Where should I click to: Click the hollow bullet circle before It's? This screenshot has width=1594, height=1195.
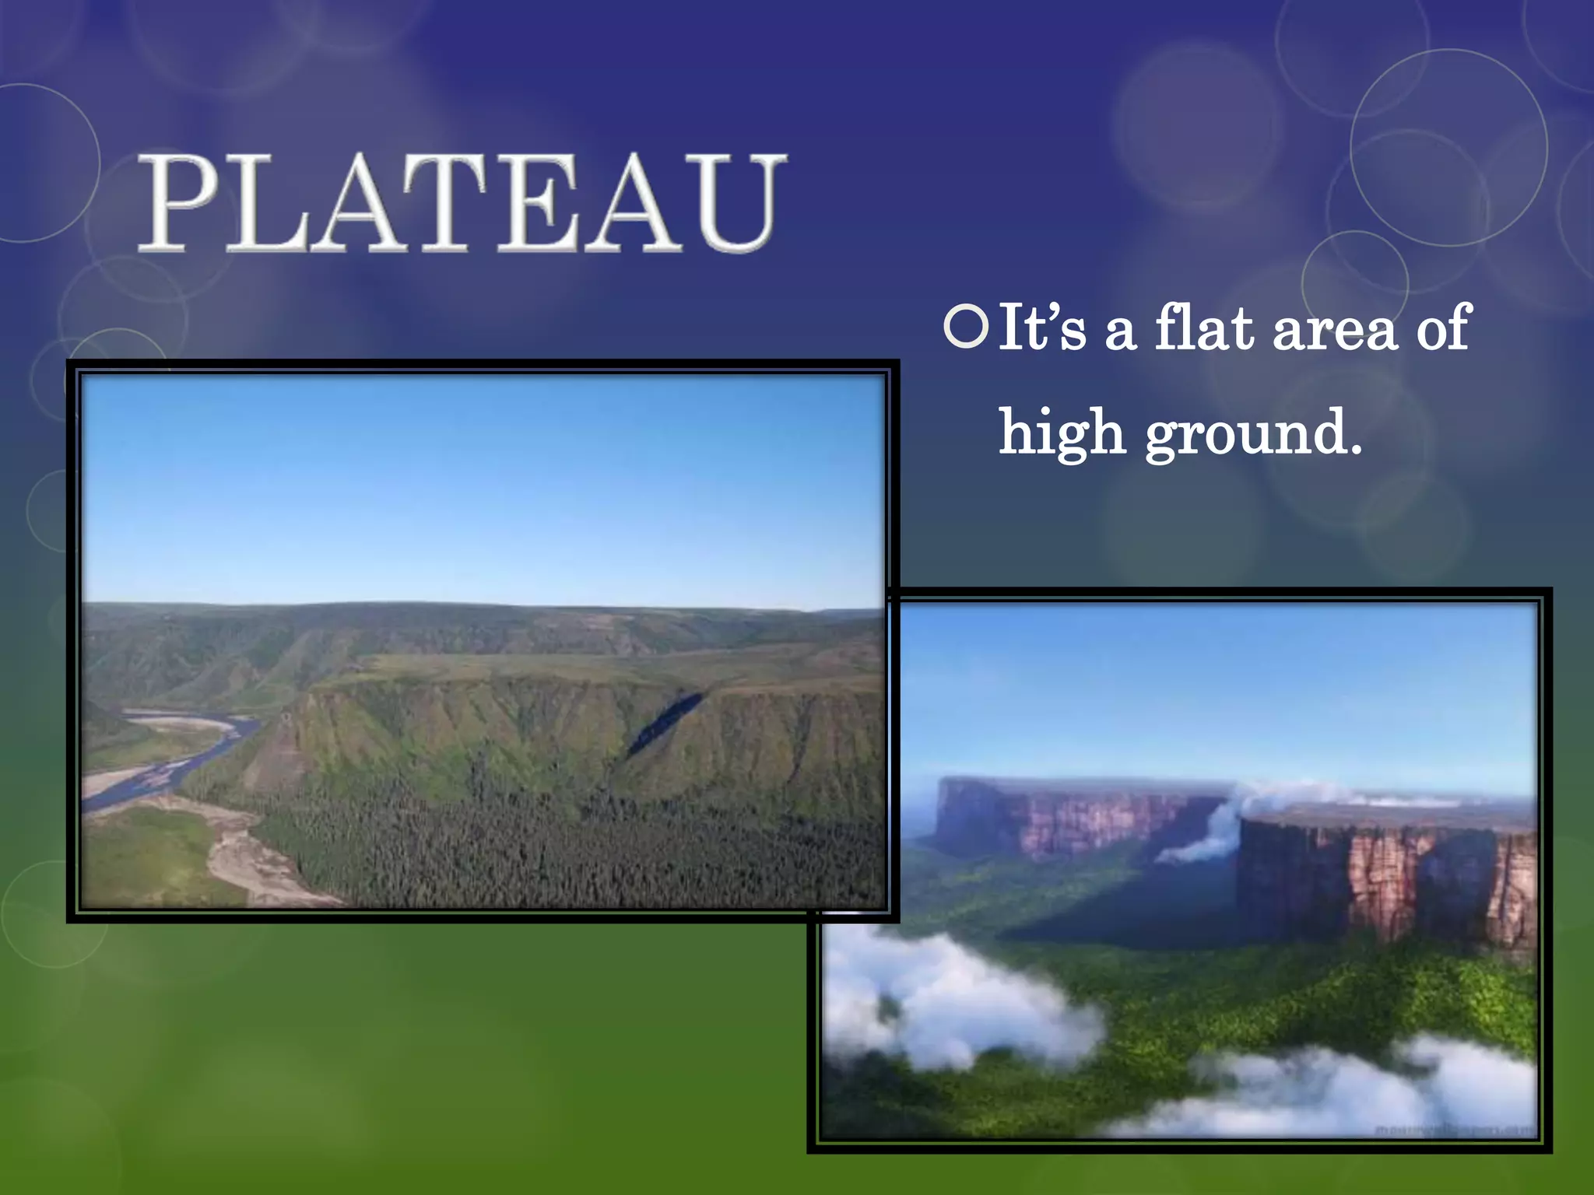coord(965,327)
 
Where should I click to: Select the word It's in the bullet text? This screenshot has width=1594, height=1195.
coord(1041,328)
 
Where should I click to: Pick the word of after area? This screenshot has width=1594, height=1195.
coord(1442,328)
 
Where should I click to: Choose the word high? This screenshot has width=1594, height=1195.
coord(1062,433)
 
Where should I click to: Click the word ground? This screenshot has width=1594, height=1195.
coord(1245,436)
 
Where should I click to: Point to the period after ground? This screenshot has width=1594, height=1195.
coord(1355,450)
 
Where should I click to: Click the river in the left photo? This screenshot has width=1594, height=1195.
coord(179,759)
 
